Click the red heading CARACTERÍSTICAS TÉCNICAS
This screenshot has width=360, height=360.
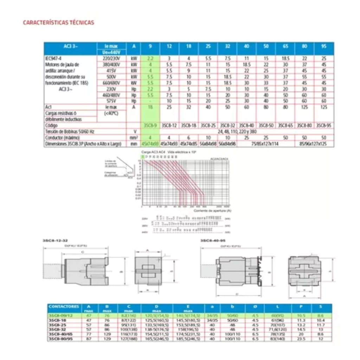[x=58, y=22]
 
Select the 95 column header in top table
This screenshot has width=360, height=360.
[x=324, y=46]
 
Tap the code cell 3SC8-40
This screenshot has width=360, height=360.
[x=246, y=126]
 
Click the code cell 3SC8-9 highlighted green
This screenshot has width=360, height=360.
[x=150, y=126]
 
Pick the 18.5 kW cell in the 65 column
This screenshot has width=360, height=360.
[x=285, y=58]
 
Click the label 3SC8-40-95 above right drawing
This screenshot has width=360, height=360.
[x=211, y=240]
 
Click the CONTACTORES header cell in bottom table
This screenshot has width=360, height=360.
[x=64, y=307]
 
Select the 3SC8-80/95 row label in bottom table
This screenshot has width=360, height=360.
[x=59, y=339]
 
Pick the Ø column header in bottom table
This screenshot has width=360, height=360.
[x=255, y=307]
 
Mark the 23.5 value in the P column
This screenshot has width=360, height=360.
[x=300, y=339]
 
